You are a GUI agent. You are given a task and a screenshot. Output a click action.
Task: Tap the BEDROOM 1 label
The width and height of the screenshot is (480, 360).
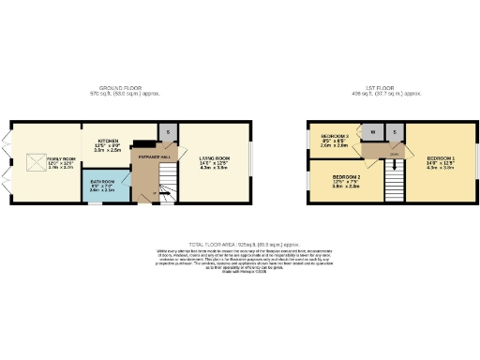[x=440, y=160]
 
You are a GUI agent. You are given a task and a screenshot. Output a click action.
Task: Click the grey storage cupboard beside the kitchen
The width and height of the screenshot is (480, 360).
[x=167, y=131]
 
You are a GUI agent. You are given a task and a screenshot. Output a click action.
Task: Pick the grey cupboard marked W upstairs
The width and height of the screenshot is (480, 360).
[x=373, y=132]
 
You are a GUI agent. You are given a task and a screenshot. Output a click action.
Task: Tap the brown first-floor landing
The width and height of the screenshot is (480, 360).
[x=395, y=150]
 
